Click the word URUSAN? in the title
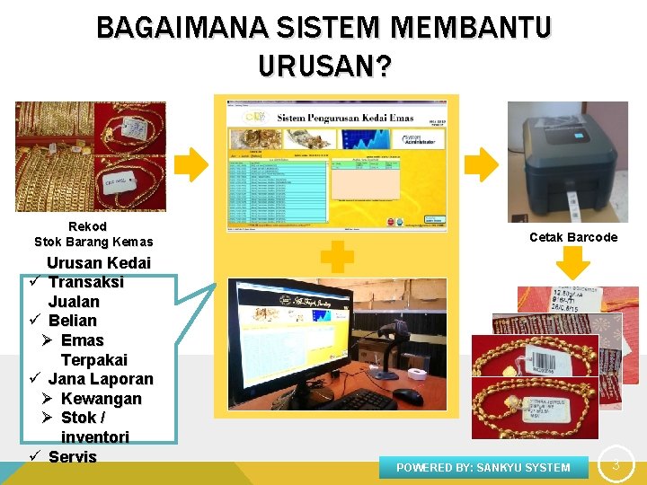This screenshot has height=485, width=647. pos(323,66)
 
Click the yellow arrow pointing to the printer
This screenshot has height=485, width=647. pos(482,165)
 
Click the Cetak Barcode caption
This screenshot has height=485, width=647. pos(573,237)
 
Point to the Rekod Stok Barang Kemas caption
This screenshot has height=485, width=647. pos(93,234)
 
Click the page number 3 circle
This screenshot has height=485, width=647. pos(616,464)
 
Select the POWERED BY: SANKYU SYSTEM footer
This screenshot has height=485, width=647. pos(483,467)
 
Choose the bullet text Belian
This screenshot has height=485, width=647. pos(72,321)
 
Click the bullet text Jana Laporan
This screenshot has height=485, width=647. pos(101,379)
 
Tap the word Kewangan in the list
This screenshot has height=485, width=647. pos(101,399)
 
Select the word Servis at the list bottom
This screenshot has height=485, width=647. pos(72,456)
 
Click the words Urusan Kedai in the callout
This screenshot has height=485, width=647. pos(99,263)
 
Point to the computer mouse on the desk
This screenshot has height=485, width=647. pos(407,394)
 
